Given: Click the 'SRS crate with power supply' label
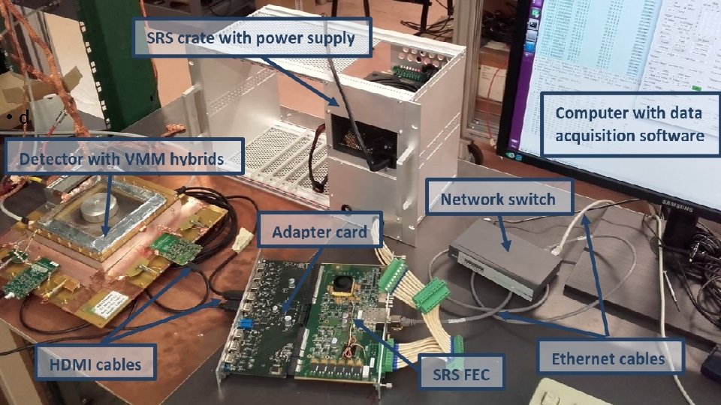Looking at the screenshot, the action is pos(252,37).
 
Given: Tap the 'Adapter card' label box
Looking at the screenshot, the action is pos(320,232).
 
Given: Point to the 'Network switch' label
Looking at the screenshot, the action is pos(498,199).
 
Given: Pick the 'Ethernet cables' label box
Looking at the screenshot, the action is pos(608,358).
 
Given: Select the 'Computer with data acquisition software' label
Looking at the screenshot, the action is pos(629,124).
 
